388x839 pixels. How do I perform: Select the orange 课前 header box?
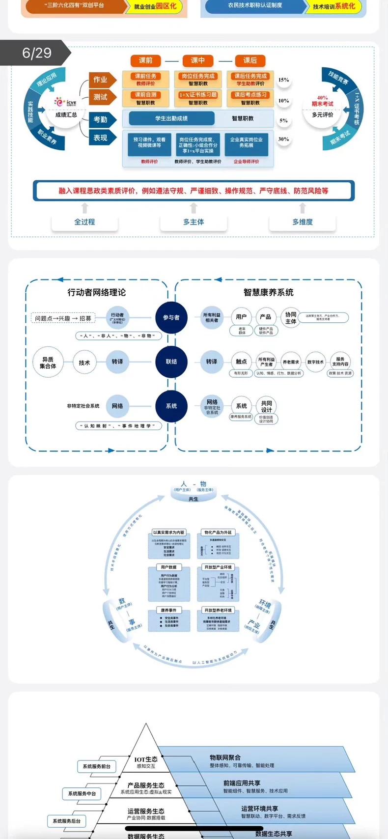click(146, 60)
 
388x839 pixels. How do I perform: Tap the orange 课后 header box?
click(250, 60)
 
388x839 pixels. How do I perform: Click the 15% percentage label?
click(283, 80)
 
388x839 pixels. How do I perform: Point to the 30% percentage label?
click(283, 139)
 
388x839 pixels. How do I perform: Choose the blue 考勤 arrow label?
click(101, 119)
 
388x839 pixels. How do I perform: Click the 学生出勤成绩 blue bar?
click(171, 118)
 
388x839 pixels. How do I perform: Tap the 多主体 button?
click(194, 222)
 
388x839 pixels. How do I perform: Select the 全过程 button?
click(84, 222)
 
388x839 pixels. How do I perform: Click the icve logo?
click(66, 102)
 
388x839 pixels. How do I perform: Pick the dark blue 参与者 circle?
click(171, 317)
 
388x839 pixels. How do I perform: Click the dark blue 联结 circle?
click(171, 362)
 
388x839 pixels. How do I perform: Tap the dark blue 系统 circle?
click(171, 406)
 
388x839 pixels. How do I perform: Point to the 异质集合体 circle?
click(48, 363)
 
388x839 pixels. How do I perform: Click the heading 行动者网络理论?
click(97, 292)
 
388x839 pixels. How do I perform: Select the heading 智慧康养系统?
click(268, 292)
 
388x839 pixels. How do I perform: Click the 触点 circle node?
click(241, 362)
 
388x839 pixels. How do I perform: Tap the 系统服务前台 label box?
click(96, 766)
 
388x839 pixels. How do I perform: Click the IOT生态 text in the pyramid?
click(146, 759)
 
